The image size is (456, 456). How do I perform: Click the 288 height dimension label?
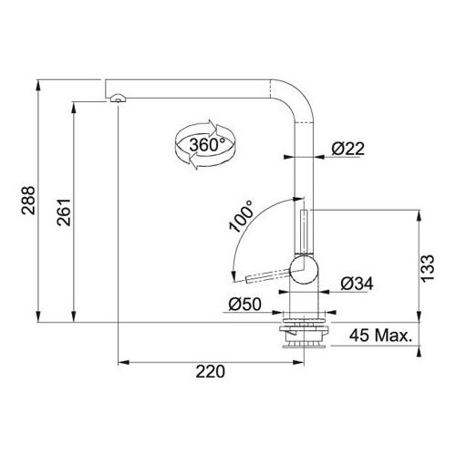click(28, 201)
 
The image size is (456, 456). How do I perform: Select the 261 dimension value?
click(64, 212)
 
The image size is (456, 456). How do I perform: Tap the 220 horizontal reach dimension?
click(211, 371)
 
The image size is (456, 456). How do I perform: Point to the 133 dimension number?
click(428, 268)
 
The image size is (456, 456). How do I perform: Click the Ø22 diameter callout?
click(347, 149)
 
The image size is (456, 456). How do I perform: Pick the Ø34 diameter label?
click(357, 284)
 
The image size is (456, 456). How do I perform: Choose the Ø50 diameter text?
click(244, 304)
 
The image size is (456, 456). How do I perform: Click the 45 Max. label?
click(380, 336)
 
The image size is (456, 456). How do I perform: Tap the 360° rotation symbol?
click(205, 145)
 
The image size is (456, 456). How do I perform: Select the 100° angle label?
click(242, 216)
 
